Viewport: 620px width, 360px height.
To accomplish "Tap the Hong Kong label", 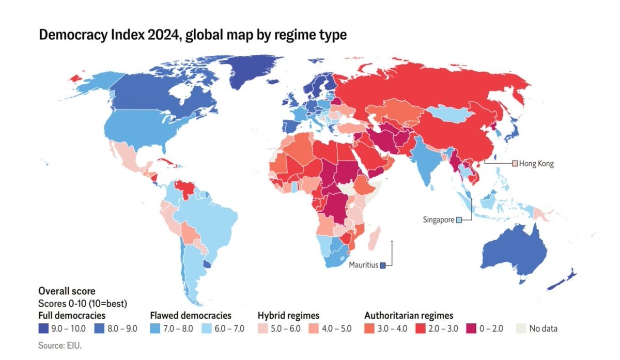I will pos(536,164).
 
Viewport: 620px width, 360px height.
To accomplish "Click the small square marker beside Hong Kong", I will pos(515,164).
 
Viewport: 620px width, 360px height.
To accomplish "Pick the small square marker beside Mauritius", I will pos(383,265).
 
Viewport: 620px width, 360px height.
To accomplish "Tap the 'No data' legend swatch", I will pos(521,328).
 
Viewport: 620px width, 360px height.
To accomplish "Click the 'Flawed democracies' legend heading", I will pos(190,315).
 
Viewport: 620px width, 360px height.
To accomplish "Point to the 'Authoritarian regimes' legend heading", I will pos(409,315).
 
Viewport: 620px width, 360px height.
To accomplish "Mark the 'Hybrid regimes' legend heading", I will pos(288,315).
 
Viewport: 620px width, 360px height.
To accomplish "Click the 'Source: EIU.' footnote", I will pos(60,345).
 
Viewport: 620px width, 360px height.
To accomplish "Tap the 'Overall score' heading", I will pos(67,291).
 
